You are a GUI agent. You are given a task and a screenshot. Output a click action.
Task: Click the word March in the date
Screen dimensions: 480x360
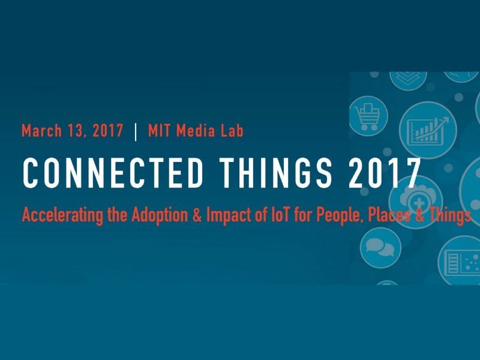tap(41, 131)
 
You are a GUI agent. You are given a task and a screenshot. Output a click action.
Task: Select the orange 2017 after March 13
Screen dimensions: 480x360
tap(108, 131)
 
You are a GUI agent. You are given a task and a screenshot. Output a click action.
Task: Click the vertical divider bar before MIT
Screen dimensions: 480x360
tap(136, 131)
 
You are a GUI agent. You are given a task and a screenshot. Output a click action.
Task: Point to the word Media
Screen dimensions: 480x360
tap(191, 131)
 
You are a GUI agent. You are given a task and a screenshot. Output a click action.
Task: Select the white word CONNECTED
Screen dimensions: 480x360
tap(113, 173)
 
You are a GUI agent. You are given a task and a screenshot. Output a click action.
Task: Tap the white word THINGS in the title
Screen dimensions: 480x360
tap(276, 173)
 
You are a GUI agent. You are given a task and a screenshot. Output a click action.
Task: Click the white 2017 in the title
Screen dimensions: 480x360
tap(385, 173)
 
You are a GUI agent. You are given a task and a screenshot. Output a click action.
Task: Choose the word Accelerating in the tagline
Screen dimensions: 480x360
tap(62, 215)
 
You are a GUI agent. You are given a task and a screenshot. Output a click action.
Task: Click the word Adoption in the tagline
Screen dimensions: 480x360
tap(160, 215)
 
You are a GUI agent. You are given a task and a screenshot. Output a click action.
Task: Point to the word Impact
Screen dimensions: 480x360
tap(229, 215)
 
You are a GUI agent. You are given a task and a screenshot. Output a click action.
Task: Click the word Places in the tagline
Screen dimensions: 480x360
tap(389, 215)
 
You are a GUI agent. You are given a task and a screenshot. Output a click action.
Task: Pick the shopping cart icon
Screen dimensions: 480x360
tap(367, 116)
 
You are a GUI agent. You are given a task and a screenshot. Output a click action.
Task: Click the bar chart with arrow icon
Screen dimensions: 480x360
tap(428, 130)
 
